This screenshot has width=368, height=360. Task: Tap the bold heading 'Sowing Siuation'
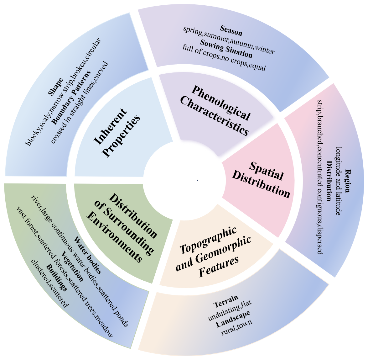[x=226, y=49]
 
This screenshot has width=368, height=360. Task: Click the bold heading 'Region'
[x=347, y=181]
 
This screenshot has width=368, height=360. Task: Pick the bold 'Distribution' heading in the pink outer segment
[x=329, y=181]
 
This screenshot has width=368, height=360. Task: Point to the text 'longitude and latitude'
[x=338, y=181]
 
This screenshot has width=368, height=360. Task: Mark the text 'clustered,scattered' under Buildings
[x=49, y=283]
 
